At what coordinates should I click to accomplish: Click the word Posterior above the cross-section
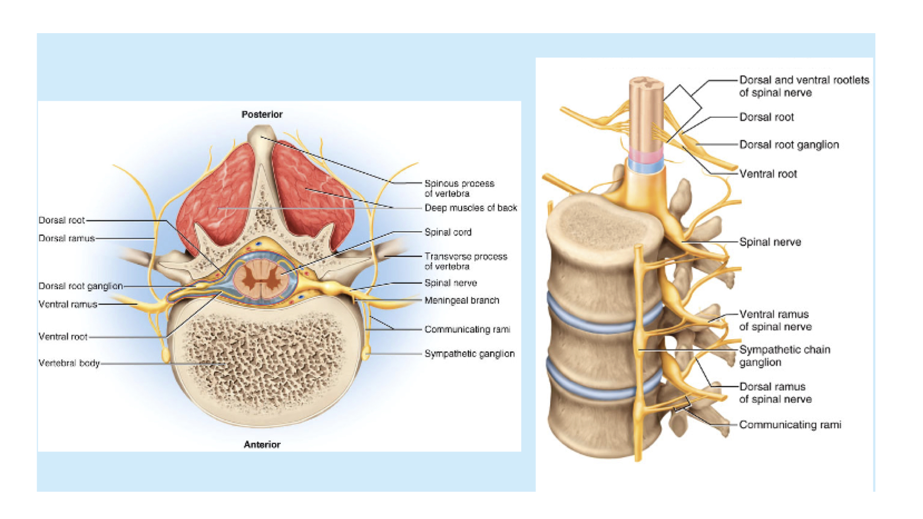262,114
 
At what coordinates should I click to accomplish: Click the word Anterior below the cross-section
262,445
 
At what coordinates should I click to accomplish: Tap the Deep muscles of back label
471,208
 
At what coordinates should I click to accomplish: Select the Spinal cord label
448,232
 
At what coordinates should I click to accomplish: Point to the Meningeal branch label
461,300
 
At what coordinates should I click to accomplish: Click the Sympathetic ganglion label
469,354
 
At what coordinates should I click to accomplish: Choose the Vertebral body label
69,363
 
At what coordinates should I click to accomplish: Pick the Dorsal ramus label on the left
66,238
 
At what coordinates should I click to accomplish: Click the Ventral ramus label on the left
67,304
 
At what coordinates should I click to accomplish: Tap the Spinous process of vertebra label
459,188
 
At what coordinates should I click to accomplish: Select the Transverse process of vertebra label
465,261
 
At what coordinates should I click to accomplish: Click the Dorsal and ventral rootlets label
804,86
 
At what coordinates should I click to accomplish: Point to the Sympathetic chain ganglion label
785,356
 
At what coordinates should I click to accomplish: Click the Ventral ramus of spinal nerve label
775,320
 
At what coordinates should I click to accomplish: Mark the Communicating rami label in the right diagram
790,425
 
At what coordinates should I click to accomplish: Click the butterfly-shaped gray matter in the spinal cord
260,279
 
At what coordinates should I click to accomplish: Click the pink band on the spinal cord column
646,155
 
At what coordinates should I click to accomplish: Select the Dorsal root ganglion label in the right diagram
789,145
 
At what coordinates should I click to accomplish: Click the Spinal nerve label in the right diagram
770,242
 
